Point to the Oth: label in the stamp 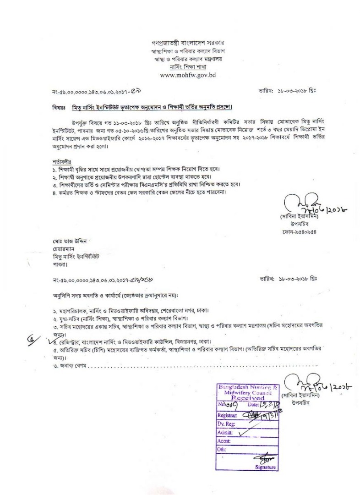coord(222,449)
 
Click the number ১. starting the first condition coord(54,170)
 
